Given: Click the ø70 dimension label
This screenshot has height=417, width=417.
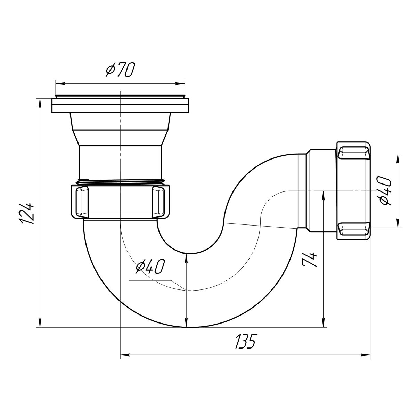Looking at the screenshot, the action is pos(120,69).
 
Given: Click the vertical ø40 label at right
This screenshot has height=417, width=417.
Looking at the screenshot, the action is pos(384,190).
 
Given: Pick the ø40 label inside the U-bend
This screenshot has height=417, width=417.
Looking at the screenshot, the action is pos(150,266).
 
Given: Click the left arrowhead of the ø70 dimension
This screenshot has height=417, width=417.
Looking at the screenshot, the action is pos(60,84).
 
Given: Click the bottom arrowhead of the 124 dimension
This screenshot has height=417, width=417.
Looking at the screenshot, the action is pos(40,322).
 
